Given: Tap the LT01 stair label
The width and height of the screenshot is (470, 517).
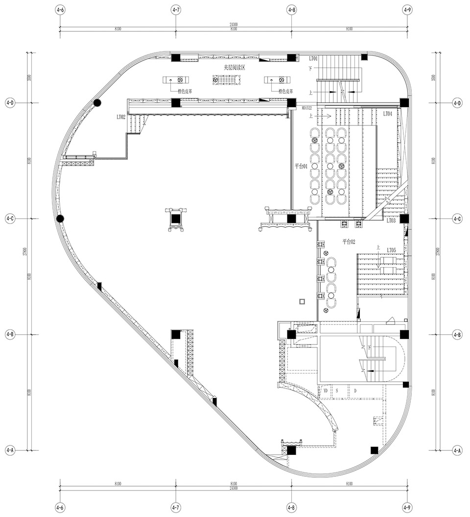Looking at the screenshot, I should [x=313, y=58].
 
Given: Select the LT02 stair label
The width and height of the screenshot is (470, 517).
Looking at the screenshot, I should [x=121, y=117].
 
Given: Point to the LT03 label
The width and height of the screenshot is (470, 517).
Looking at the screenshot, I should [x=391, y=221].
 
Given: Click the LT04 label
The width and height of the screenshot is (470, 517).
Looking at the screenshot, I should [x=387, y=114].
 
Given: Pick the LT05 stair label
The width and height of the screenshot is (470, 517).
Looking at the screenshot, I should [x=391, y=250].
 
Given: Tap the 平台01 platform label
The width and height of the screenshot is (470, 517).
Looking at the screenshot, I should [x=300, y=166].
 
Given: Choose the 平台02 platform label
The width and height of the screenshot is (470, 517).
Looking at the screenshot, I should [x=348, y=241].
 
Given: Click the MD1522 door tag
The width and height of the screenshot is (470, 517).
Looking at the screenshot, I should [x=307, y=108].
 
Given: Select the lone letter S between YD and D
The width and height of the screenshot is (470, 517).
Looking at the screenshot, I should [x=337, y=391].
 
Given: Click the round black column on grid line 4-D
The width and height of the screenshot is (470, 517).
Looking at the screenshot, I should [x=97, y=103].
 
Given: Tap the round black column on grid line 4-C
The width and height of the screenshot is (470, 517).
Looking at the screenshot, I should [x=60, y=219].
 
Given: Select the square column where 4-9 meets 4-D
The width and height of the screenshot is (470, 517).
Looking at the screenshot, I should [x=404, y=103].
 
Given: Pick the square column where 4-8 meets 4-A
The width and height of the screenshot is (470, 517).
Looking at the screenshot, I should [x=291, y=450].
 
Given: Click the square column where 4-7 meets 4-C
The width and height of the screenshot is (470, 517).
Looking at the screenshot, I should [x=176, y=219].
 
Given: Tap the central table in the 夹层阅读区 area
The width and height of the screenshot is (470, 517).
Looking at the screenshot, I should [x=223, y=80].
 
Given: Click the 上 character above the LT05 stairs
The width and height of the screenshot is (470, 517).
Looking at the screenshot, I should [x=377, y=248].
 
